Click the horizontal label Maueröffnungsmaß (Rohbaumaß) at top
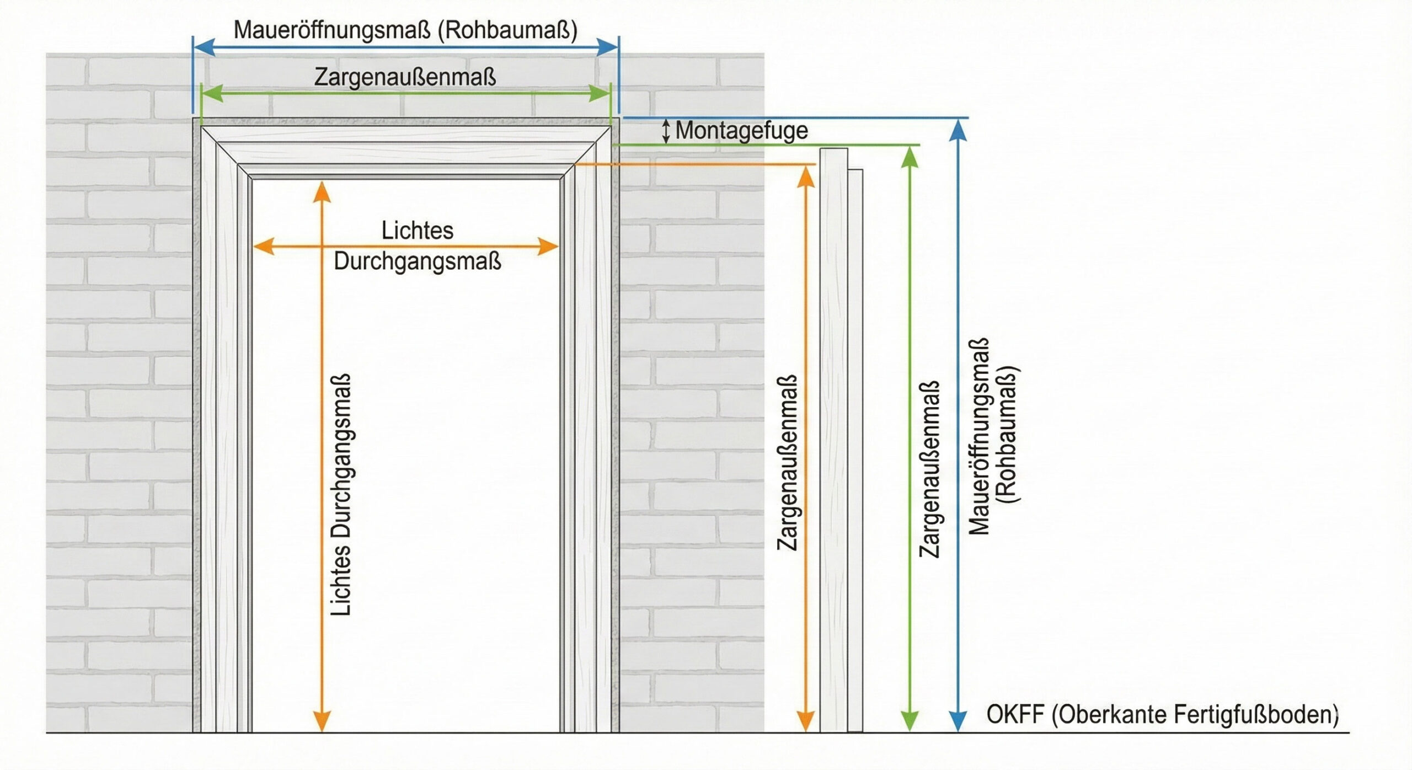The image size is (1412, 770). tap(405, 30)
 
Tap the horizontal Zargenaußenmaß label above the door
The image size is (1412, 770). tap(405, 77)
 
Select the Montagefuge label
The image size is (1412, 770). tap(741, 131)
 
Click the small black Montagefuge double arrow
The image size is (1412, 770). tap(666, 131)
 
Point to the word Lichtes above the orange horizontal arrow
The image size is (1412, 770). tap(418, 231)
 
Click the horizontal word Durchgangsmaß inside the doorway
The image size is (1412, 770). tap(418, 261)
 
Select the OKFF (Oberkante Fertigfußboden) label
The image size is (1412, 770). tap(1162, 714)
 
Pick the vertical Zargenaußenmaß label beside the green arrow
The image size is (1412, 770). tap(929, 469)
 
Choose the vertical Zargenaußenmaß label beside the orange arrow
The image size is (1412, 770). tap(788, 462)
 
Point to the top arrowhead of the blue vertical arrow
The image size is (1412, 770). tap(959, 130)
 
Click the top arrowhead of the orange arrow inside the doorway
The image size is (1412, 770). tap(322, 191)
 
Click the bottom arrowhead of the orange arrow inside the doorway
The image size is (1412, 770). tap(322, 721)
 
